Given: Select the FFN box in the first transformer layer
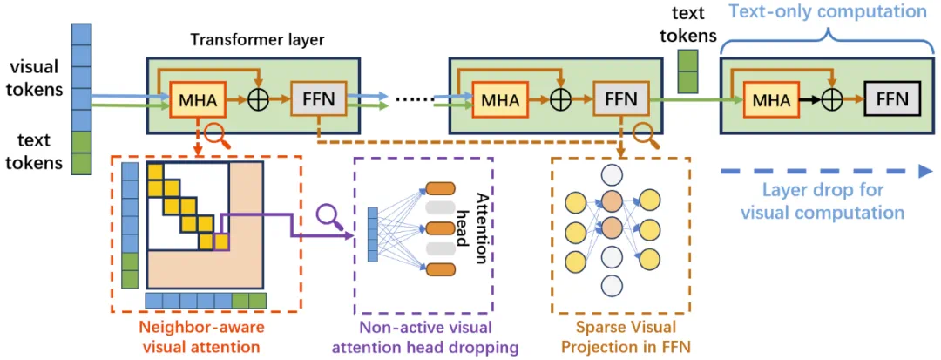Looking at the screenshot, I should (x=318, y=99).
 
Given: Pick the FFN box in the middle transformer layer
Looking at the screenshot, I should (x=616, y=99).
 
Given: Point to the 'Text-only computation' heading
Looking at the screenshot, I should (x=828, y=12).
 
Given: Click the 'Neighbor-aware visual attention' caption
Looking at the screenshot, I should (x=206, y=337).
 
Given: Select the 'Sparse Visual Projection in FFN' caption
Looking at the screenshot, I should (x=620, y=337).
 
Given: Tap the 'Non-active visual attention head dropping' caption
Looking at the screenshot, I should (x=424, y=337).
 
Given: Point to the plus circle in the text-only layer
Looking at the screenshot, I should (x=833, y=100).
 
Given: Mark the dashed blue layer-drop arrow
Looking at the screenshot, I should (x=828, y=173).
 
